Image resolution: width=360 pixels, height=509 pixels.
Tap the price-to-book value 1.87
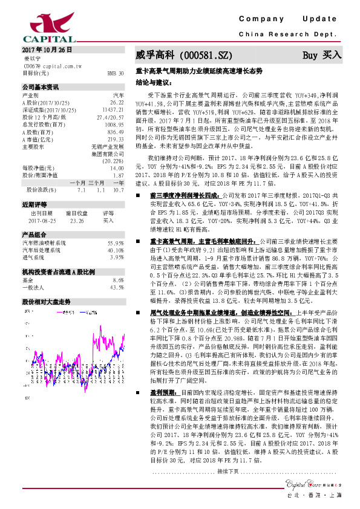point(119,175)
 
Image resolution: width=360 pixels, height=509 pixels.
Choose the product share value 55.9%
point(116,242)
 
